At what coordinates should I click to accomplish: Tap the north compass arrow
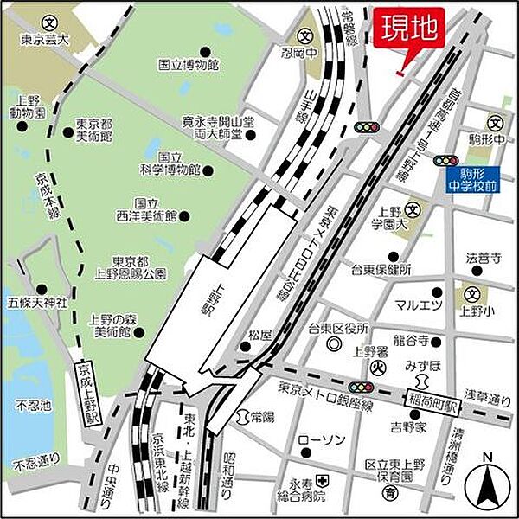click(486, 485)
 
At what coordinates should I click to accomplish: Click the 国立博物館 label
click(188, 65)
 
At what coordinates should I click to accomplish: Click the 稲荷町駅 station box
click(432, 399)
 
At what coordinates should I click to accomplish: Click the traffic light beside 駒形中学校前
click(446, 160)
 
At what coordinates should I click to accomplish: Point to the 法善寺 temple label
click(484, 257)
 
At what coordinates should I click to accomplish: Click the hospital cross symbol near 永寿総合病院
click(321, 480)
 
